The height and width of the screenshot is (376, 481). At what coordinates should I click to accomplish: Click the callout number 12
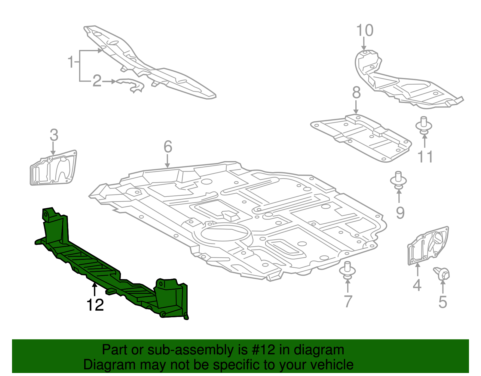click(x=95, y=305)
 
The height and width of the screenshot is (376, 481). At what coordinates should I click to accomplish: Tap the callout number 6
click(x=168, y=147)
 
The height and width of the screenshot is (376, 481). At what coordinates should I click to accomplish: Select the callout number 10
click(x=365, y=31)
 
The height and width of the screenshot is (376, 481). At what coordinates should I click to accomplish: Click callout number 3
click(x=54, y=135)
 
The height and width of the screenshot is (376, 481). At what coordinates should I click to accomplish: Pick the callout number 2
click(x=97, y=81)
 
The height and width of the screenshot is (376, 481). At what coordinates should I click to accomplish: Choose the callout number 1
click(x=71, y=62)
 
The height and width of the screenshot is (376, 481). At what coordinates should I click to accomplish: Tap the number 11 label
click(x=425, y=157)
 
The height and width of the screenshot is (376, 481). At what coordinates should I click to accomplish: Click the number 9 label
click(x=400, y=213)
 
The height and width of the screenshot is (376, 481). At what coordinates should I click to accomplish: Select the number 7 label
click(x=348, y=301)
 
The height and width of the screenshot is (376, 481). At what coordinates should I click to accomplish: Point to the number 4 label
click(x=417, y=285)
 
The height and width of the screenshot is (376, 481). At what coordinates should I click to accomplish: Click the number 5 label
click(x=443, y=302)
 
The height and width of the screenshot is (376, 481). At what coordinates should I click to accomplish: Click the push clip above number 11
click(x=424, y=126)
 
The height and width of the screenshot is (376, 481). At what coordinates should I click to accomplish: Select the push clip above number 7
click(x=348, y=270)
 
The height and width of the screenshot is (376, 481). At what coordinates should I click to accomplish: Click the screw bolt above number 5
click(x=442, y=273)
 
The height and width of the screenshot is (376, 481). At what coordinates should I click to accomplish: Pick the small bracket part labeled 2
click(x=131, y=85)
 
